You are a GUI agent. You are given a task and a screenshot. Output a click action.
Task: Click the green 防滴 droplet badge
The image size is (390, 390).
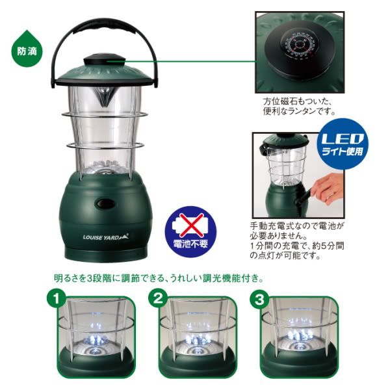coord(27,49)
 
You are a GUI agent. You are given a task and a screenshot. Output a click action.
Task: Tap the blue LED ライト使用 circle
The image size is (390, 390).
coord(343,144)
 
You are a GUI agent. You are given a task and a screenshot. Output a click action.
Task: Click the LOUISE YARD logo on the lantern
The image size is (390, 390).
coord(106,237)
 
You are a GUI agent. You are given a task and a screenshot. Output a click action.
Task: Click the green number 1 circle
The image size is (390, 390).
coord(57,298)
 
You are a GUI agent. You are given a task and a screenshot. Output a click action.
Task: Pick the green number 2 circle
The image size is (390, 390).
coord(158,298)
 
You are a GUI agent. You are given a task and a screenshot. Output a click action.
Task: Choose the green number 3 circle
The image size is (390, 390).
coord(259,298)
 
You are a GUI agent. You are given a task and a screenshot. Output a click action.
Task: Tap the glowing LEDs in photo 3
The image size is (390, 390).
coord(300,335)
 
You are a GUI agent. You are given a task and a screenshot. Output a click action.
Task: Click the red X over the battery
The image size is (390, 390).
coord(190,225)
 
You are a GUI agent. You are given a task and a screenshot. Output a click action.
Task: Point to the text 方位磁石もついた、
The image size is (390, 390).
coord(298,101)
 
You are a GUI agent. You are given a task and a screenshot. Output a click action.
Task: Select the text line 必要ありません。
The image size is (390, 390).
coord(279,235)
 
